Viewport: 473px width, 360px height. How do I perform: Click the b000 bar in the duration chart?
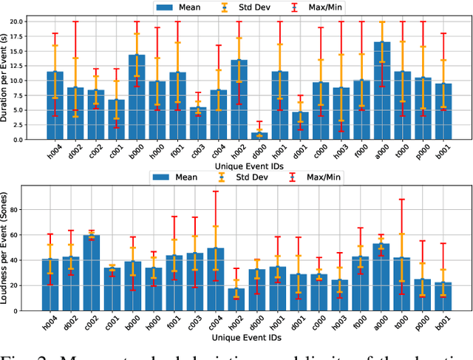coord(137,97)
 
